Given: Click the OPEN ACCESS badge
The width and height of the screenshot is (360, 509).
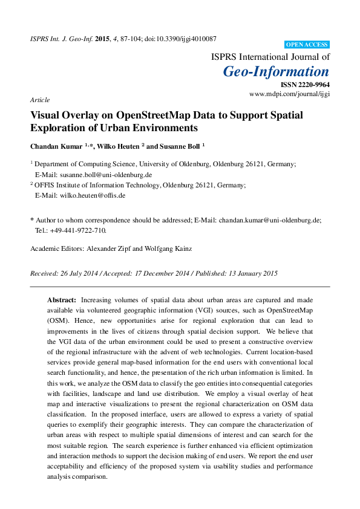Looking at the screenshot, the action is pyautogui.click(x=307, y=45).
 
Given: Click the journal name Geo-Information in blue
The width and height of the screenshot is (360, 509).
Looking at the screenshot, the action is pyautogui.click(x=276, y=72).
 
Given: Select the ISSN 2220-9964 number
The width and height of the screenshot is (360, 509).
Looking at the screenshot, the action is pyautogui.click(x=306, y=86).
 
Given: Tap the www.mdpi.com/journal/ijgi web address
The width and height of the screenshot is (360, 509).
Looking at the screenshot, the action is pyautogui.click(x=289, y=94).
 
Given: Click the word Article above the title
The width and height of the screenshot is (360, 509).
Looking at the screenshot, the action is pyautogui.click(x=39, y=100).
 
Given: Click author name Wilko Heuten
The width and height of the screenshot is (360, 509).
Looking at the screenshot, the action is pyautogui.click(x=119, y=146).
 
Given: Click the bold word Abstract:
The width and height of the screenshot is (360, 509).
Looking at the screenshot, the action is pyautogui.click(x=62, y=300).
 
